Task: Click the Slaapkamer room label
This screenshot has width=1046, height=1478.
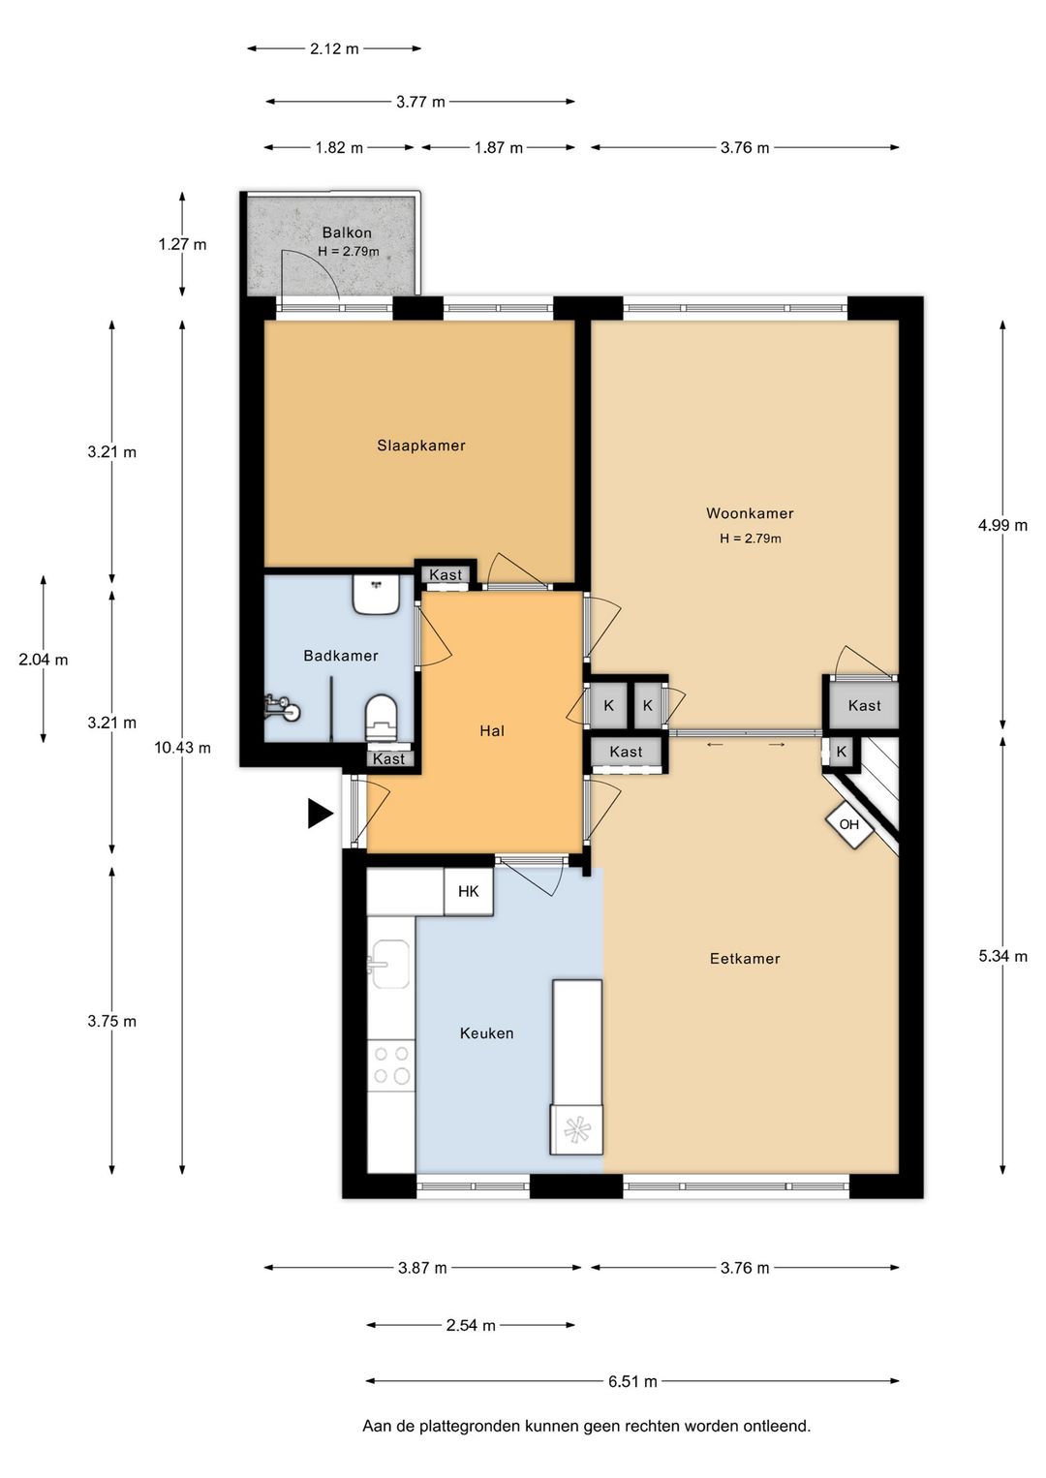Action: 421,446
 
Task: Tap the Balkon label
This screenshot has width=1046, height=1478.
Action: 347,232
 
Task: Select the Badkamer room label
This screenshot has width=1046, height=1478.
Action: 341,655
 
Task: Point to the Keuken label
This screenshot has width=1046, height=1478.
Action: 486,1032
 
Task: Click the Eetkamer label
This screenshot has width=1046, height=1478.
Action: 745,958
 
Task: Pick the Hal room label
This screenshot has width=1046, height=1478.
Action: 492,730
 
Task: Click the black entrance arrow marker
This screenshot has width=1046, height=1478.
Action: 320,813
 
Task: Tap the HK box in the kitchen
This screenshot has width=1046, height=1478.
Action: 469,891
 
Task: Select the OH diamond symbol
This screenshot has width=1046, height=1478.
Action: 849,824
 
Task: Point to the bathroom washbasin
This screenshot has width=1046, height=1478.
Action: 374,594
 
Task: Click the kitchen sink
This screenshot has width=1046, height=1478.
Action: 390,964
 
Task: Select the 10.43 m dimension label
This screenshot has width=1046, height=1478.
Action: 183,748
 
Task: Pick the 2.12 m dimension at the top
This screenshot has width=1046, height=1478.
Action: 334,48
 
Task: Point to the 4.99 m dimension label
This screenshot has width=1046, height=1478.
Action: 1002,525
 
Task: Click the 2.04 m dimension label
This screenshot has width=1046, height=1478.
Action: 43,660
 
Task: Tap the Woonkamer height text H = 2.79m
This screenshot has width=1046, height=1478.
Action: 751,539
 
